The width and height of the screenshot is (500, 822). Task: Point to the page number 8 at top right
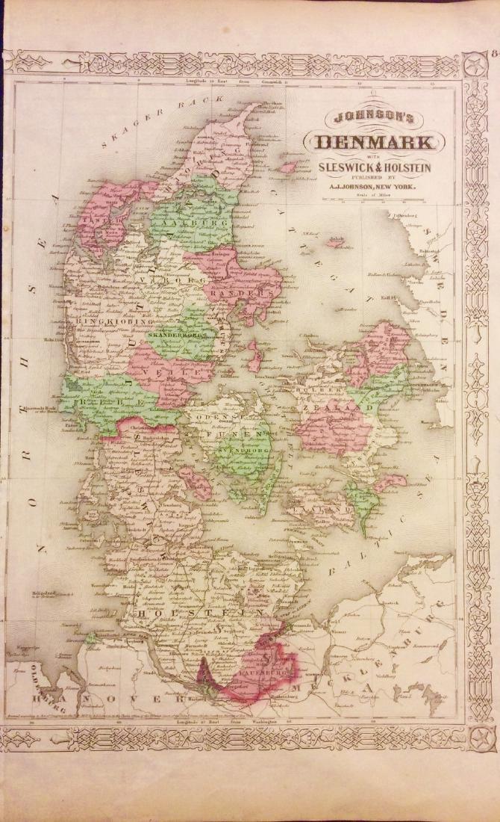495,53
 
